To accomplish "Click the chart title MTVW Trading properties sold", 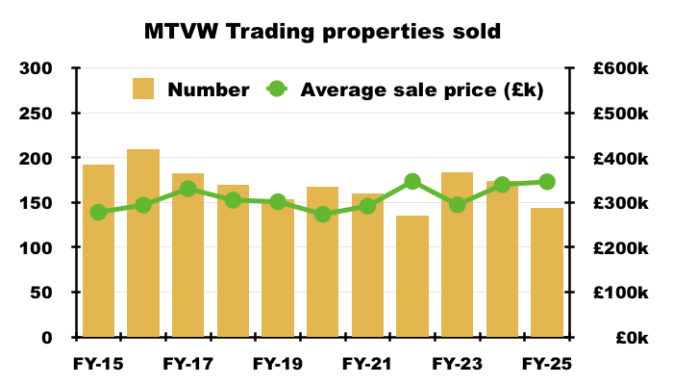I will (322, 32).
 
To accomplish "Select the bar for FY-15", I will (98, 250).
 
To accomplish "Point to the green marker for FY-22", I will (412, 182).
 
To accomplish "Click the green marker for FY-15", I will (98, 213).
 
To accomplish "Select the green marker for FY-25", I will (547, 182).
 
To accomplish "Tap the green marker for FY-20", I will (323, 215).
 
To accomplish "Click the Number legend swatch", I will (143, 90).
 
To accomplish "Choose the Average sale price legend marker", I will (276, 90).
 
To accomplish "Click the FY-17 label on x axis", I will (187, 365).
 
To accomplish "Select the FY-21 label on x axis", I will (367, 365).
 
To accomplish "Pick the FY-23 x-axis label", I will (457, 365).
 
